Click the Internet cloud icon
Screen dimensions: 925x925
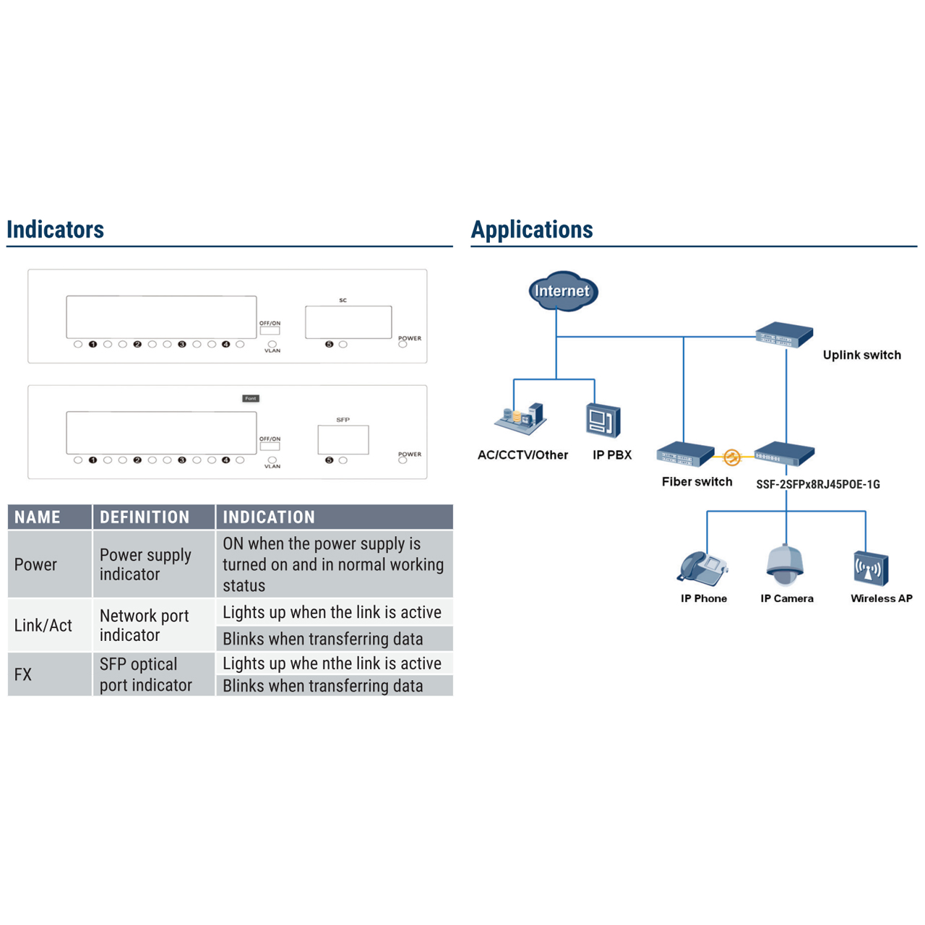click(562, 291)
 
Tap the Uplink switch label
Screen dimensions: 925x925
click(861, 355)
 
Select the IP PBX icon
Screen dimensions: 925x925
click(603, 421)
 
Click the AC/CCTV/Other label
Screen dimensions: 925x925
click(522, 455)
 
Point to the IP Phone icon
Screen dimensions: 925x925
click(702, 567)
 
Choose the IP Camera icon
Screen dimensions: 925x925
click(786, 564)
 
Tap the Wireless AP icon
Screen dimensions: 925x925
click(871, 568)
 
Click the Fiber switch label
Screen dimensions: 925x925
click(697, 481)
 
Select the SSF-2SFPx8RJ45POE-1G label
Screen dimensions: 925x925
click(817, 484)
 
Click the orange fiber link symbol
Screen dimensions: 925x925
click(732, 457)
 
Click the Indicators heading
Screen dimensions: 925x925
click(56, 230)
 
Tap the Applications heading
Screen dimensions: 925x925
click(532, 230)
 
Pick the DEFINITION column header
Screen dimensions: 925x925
click(145, 517)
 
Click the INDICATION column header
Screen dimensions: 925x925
click(269, 517)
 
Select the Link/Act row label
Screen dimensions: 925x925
click(43, 626)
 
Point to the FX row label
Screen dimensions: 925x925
click(23, 675)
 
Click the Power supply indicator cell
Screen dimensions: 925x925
click(145, 564)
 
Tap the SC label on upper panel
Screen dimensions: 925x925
click(343, 300)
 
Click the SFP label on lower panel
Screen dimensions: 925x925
click(343, 419)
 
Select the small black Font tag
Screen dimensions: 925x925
click(251, 398)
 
